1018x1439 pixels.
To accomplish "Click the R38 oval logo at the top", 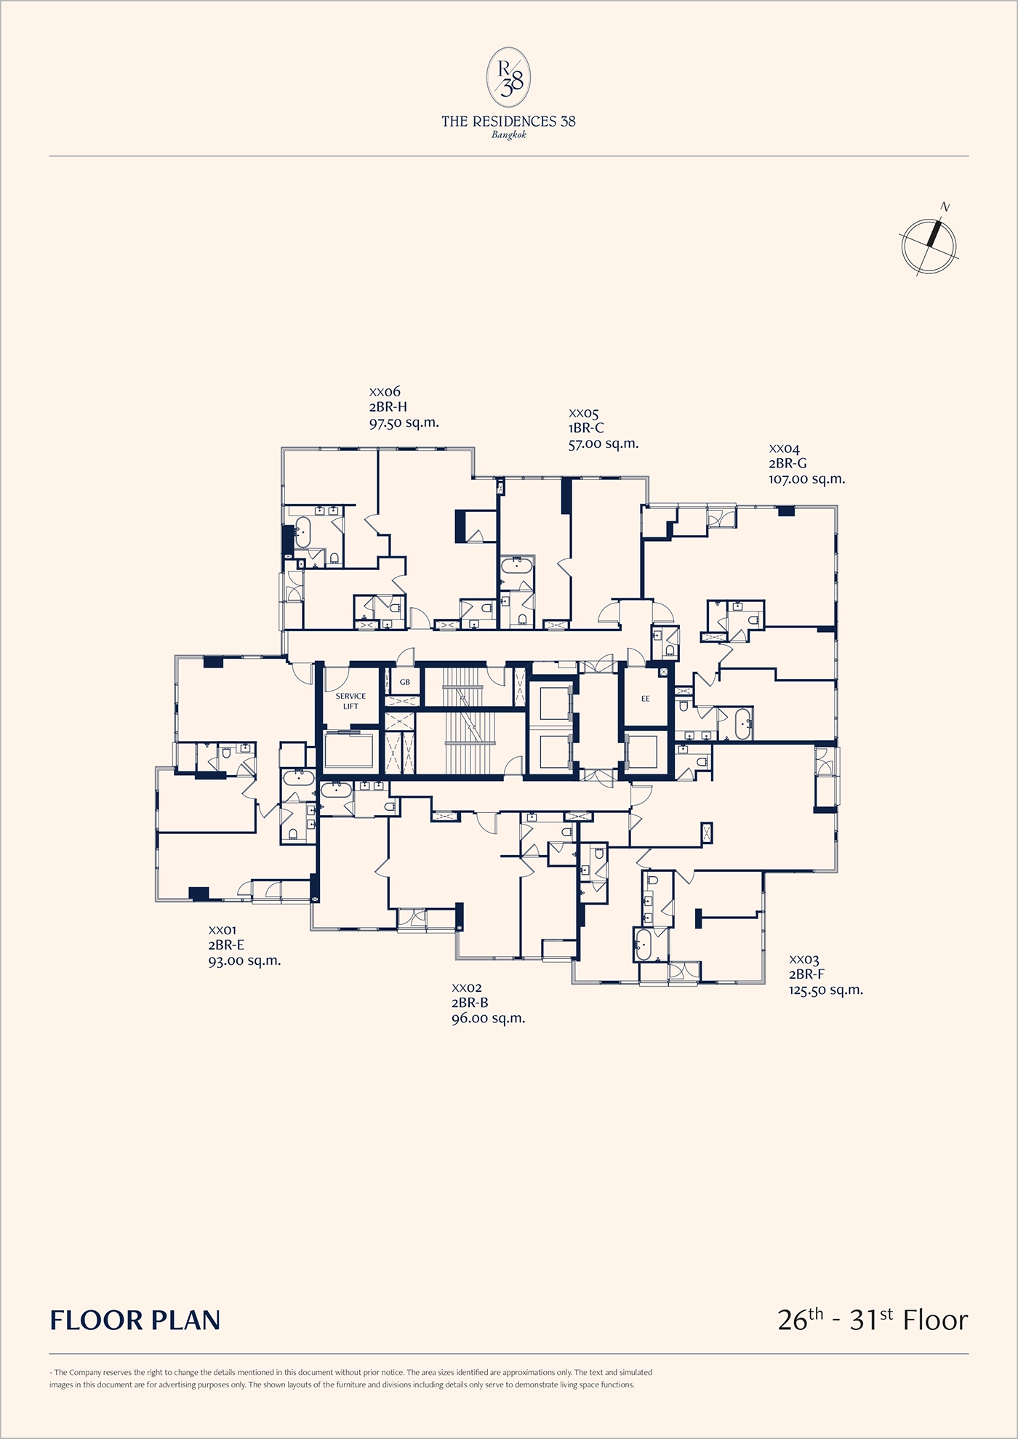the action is click(x=508, y=76).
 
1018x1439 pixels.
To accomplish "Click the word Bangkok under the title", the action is click(x=508, y=135).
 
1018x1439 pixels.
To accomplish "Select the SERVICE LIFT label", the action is click(x=350, y=701).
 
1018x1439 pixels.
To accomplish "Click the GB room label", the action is click(x=405, y=682).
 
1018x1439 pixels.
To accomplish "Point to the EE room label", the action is click(x=645, y=699).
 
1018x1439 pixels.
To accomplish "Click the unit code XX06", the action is click(x=385, y=393).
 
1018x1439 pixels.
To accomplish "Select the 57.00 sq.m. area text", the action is click(x=604, y=444).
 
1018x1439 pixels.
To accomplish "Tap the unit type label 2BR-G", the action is click(x=787, y=464).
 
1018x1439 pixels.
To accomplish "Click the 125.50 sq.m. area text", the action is click(x=826, y=990).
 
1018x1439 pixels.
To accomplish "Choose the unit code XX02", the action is click(x=467, y=988).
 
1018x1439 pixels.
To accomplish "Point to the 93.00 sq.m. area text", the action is click(x=244, y=961).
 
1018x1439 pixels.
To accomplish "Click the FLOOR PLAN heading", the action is click(x=135, y=1320).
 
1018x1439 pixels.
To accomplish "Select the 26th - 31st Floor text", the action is click(x=873, y=1319).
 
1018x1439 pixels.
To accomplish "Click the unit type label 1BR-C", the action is click(x=586, y=428).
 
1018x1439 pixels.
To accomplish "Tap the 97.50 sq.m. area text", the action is click(x=404, y=422).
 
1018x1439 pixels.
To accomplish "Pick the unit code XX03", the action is click(x=804, y=961).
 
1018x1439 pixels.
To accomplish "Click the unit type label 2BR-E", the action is click(x=226, y=945).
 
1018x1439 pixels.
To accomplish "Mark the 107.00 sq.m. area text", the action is click(x=806, y=479).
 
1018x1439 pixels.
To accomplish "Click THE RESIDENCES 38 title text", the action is click(x=508, y=121).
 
